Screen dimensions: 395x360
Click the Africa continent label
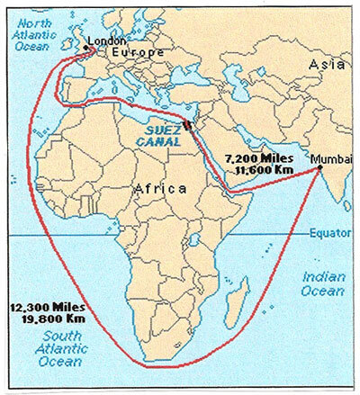tap(157, 189)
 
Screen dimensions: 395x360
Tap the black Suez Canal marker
tap(187, 124)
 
